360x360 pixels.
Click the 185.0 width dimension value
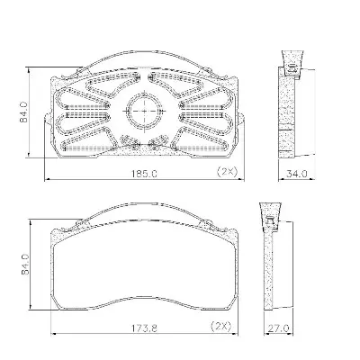tap(144, 174)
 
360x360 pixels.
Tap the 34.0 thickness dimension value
tap(296, 174)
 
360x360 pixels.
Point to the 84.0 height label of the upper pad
tap(23, 112)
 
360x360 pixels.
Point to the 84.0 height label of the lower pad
tap(25, 265)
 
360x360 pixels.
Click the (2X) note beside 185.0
tap(227, 172)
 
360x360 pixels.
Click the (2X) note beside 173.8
tap(221, 326)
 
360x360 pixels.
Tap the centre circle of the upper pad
tap(144, 111)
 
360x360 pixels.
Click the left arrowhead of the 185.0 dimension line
tap(47, 180)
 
